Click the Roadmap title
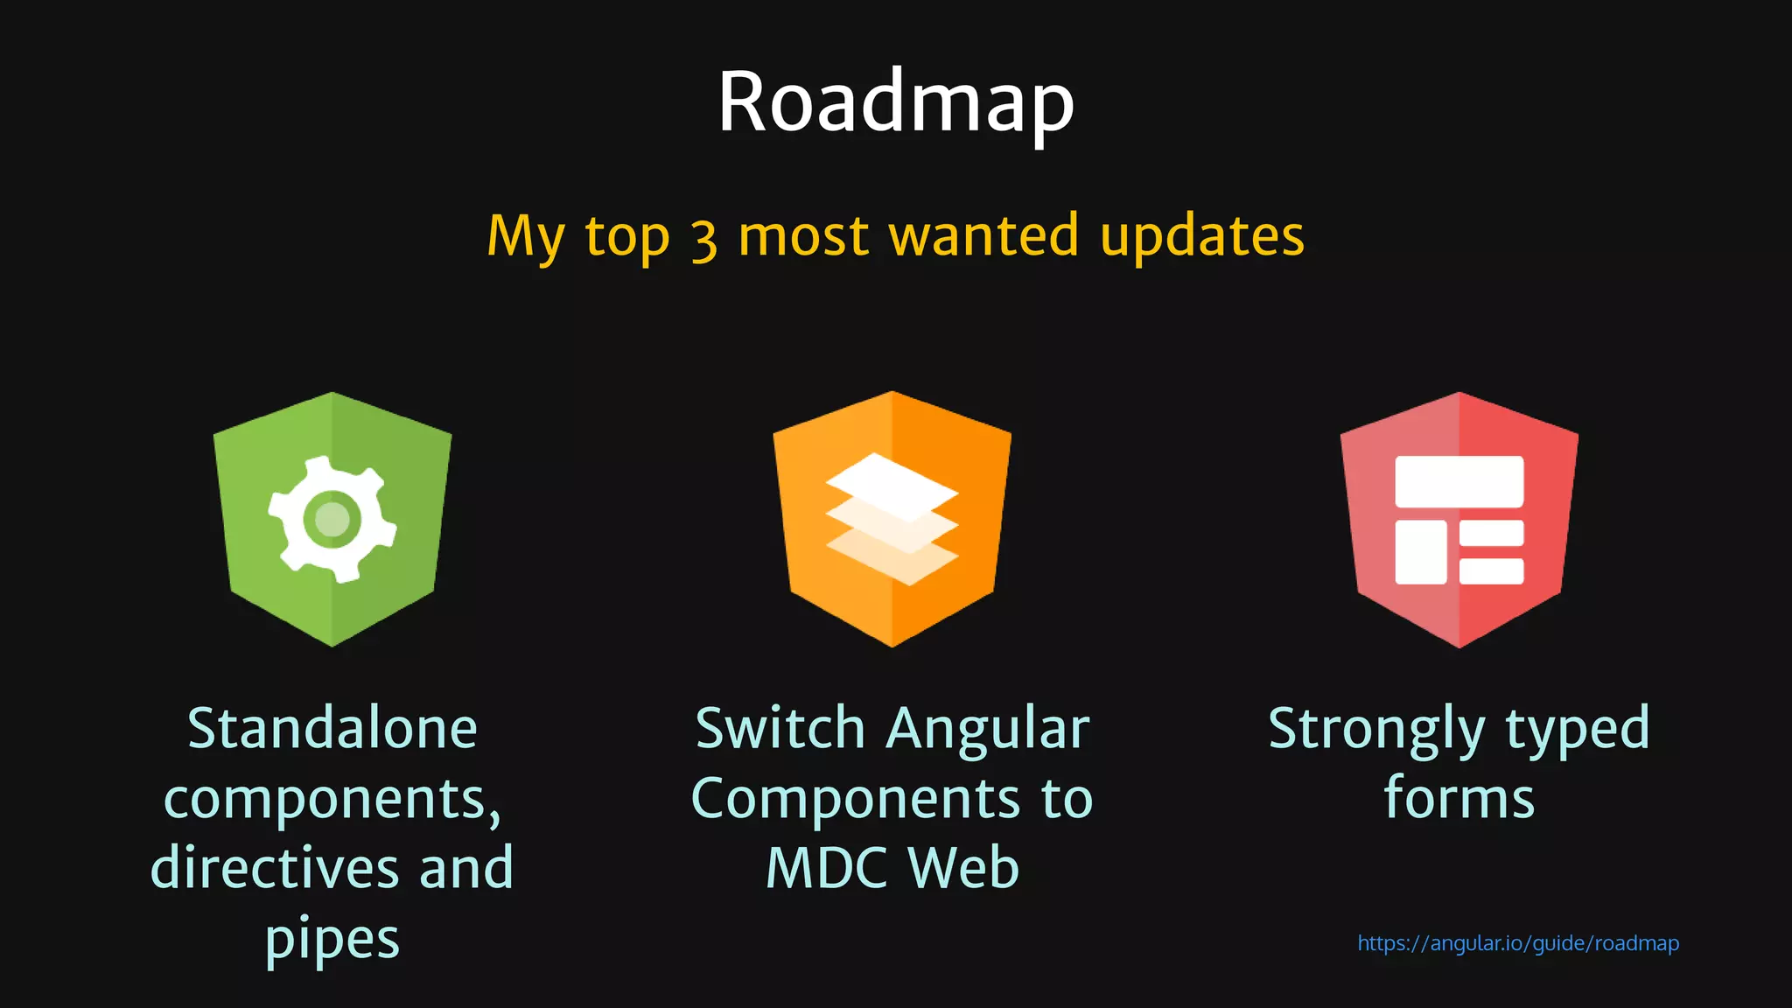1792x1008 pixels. point(895,102)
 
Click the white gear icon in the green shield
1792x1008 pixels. point(332,519)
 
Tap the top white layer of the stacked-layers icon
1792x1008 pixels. point(892,486)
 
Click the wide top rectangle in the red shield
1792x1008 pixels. point(1459,481)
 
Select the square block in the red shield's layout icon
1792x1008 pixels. point(1420,552)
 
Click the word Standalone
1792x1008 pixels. point(332,729)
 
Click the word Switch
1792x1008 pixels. point(780,729)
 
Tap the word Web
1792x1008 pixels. point(963,868)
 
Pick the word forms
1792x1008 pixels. point(1459,798)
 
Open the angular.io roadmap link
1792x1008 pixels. point(1517,943)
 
